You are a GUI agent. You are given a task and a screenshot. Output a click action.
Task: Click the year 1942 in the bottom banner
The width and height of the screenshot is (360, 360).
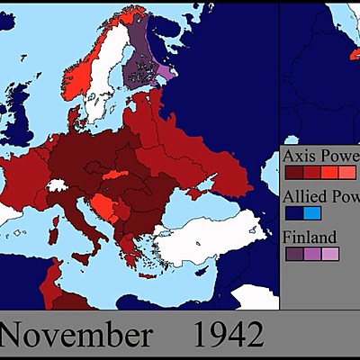tap(229, 335)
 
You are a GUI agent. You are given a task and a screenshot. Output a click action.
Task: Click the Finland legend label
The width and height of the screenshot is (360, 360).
tap(310, 238)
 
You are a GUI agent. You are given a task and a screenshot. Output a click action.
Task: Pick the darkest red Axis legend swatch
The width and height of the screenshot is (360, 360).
tap(293, 171)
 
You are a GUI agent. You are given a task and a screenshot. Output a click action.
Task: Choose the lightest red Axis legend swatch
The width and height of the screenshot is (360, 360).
tap(349, 171)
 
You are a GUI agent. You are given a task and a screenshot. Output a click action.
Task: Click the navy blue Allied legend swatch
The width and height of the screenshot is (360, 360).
tap(293, 214)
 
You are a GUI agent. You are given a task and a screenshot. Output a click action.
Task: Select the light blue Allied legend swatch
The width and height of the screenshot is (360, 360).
tap(311, 214)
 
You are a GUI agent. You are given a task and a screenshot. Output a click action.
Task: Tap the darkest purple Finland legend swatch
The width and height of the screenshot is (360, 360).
tap(293, 255)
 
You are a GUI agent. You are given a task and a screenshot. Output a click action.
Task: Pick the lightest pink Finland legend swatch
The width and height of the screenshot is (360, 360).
tap(330, 255)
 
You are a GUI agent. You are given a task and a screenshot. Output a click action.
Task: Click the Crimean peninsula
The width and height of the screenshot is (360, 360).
tap(205, 192)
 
